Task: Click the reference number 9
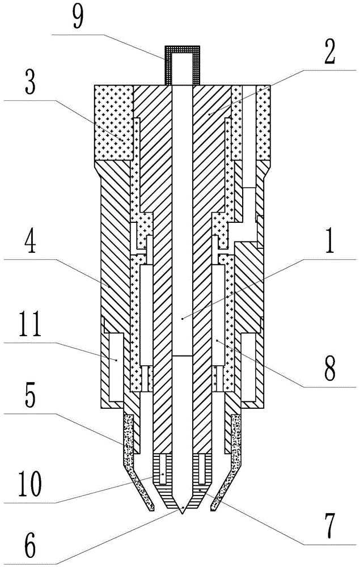tap(77, 16)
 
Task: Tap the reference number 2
tap(329, 51)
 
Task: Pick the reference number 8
tap(329, 368)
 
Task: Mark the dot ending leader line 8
tap(217, 340)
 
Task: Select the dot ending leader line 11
tap(116, 360)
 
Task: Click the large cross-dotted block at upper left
tap(113, 122)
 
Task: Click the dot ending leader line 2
tap(209, 113)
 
